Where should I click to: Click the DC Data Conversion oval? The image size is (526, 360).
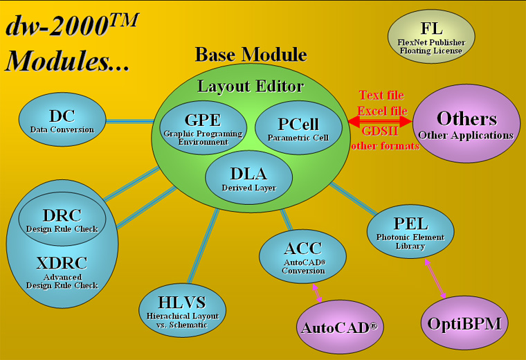tap(62, 120)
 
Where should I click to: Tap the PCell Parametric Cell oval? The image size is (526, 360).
tap(298, 128)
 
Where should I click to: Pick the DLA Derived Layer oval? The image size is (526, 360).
tap(249, 177)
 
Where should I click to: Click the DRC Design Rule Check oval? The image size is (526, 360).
tap(62, 219)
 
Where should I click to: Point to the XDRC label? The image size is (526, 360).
tap(62, 263)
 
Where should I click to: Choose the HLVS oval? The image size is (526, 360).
tap(182, 307)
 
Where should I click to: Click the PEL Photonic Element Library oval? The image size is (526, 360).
tap(410, 231)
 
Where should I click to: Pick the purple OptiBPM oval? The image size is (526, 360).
tap(464, 323)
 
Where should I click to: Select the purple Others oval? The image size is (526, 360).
tap(466, 124)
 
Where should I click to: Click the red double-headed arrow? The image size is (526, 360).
tap(380, 122)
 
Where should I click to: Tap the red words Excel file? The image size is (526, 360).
tap(382, 111)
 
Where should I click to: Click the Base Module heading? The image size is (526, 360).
tap(251, 55)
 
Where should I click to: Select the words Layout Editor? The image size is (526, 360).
tap(251, 86)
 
